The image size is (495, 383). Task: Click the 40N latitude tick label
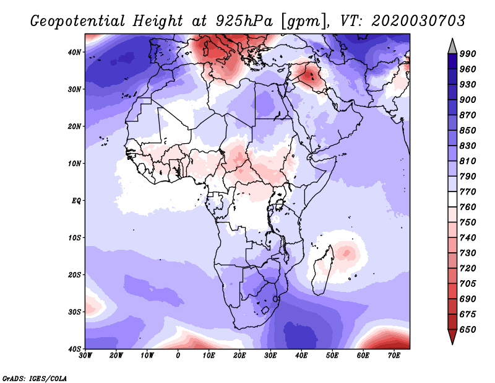(74, 52)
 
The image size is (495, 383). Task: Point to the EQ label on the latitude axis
(76, 201)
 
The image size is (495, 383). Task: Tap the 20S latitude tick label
(74, 275)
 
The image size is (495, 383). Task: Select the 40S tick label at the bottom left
(74, 349)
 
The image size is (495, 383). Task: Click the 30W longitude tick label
(85, 356)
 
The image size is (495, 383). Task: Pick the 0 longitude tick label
(178, 356)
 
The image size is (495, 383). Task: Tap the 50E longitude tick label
(332, 356)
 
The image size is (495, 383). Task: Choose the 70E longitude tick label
(394, 356)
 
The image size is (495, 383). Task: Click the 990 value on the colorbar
(468, 54)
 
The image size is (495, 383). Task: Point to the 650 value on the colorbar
(468, 330)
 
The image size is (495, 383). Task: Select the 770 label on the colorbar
(468, 192)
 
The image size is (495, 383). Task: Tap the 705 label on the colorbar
(468, 284)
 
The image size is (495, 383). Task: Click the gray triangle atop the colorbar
(452, 48)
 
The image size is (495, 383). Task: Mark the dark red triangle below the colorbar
(452, 336)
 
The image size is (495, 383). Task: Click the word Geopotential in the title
(78, 22)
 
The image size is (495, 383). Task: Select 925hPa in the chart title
(244, 21)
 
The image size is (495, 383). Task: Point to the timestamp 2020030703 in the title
(418, 21)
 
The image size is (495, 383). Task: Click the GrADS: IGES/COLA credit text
(35, 379)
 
